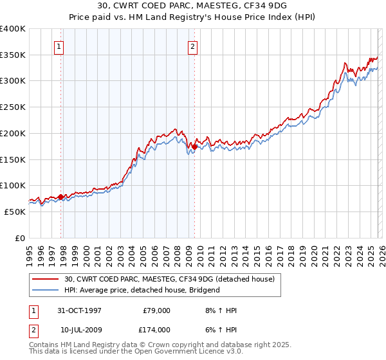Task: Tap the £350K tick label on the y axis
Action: (13, 55)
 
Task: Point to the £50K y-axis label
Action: (15, 212)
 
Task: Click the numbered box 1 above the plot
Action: (59, 46)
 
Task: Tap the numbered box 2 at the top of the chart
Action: (192, 46)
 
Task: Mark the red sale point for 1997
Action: (61, 197)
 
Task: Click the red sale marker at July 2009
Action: (194, 147)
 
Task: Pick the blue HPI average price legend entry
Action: (142, 290)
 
